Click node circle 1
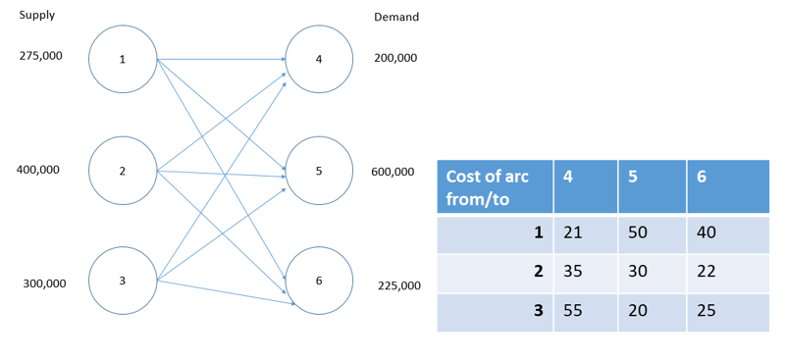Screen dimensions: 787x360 [123, 60]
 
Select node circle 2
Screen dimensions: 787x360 [123, 172]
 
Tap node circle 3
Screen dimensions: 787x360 [123, 282]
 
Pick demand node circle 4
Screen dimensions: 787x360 [319, 60]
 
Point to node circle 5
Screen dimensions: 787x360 [319, 172]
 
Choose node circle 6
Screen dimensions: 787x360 [319, 282]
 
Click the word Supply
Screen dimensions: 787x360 [37, 16]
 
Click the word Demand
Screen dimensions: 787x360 [396, 17]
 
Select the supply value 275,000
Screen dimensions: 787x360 [41, 56]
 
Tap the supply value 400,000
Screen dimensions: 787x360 [38, 170]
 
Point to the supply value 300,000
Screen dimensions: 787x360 [44, 283]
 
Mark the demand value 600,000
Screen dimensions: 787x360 [393, 173]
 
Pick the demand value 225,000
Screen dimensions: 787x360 [399, 285]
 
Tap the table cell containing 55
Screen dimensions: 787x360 [585, 310]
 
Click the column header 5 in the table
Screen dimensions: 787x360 [651, 185]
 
